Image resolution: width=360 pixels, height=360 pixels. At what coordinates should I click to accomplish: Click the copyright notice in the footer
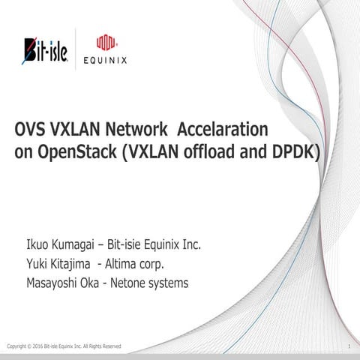(64, 346)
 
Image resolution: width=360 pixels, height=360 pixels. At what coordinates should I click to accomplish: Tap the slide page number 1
(350, 346)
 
